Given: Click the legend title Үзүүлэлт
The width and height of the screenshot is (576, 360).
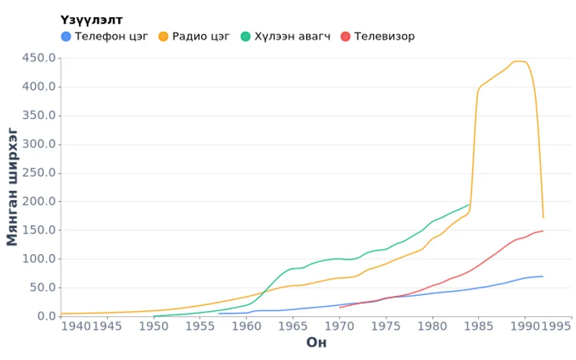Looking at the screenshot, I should pos(91,19).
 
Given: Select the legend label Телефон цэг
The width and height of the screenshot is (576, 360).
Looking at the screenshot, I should pos(111,36).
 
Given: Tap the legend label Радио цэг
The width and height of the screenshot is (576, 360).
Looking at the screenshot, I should pos(202,36).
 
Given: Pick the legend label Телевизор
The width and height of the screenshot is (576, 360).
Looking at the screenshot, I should pos(384,36).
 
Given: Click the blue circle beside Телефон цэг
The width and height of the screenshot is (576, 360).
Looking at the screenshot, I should pos(66,36).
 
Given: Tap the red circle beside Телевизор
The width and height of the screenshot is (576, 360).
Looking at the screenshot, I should pos(346,36).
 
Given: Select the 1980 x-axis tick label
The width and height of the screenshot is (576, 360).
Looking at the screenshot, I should pos(432,327).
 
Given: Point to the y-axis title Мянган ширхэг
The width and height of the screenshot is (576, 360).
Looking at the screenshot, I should pos(12,186).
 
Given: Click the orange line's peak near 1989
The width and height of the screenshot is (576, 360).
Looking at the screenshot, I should pos(517,61).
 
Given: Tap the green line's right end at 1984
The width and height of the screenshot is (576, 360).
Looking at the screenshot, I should pos(469,204).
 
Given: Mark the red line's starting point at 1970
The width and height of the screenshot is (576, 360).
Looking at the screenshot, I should pos(339,307).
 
